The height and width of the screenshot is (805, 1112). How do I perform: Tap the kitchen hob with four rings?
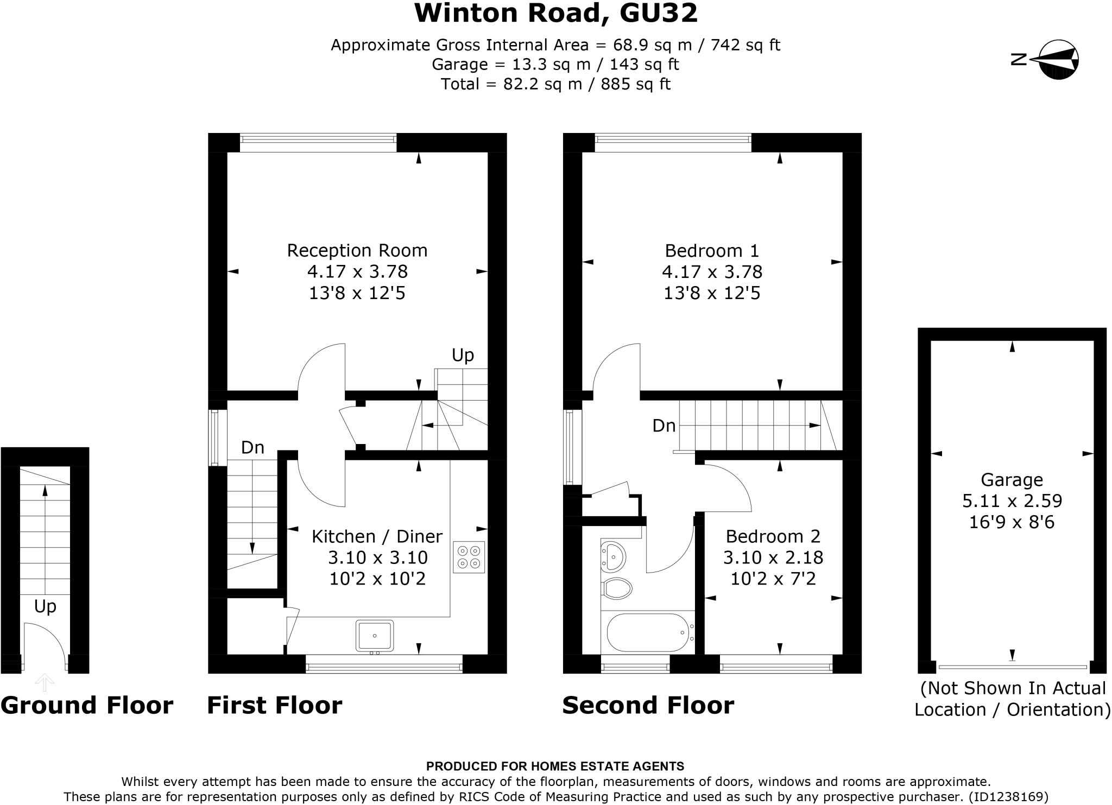tap(469, 557)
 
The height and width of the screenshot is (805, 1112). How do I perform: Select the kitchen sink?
tap(375, 635)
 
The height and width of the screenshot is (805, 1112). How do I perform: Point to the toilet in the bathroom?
tap(617, 588)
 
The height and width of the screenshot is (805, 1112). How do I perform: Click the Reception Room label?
tap(357, 250)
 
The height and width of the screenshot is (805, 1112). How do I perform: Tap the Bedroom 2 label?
tap(773, 536)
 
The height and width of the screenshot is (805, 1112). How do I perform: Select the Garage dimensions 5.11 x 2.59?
tap(1012, 500)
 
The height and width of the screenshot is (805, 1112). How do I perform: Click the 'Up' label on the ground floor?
tap(45, 606)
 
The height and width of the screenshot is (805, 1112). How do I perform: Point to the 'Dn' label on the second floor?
tap(664, 426)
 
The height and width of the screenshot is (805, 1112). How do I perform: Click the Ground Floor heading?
tap(87, 705)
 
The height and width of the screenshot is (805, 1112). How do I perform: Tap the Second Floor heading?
tap(648, 705)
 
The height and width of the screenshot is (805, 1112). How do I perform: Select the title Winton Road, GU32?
tap(555, 13)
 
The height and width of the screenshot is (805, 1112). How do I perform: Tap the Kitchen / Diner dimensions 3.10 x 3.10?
tap(377, 557)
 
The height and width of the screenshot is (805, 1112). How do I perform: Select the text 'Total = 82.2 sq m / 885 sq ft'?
tap(555, 84)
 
